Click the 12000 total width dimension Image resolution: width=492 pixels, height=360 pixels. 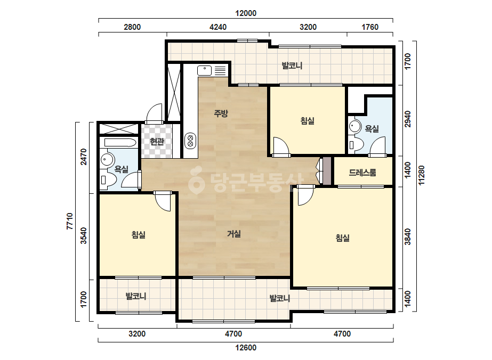246,13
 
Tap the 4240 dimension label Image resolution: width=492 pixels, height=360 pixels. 218,27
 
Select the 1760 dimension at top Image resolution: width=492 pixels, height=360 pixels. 370,27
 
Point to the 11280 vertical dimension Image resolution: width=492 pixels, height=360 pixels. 422,175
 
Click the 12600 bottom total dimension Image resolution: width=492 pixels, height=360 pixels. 246,347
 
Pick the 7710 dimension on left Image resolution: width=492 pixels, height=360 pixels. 70,222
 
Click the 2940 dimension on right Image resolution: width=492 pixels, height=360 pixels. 407,119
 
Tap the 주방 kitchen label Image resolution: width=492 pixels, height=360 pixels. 221,113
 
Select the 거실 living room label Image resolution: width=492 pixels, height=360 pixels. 234,234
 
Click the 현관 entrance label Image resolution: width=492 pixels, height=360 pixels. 157,142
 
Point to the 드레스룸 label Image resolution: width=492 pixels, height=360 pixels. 362,172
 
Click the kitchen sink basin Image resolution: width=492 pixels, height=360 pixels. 205,70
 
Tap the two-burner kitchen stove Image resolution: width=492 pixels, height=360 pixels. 190,141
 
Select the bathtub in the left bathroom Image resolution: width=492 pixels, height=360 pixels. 120,143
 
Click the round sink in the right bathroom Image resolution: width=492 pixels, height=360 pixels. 355,126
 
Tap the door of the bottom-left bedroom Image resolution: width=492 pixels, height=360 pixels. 163,201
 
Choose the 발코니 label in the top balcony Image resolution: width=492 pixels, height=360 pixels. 292,66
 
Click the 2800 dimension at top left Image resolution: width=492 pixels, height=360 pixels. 132,27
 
